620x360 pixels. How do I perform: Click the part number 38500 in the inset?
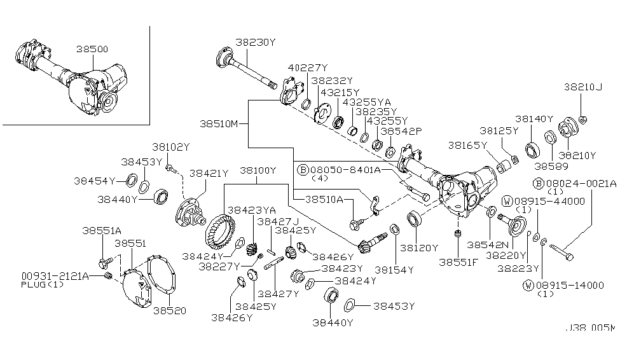coord(92,48)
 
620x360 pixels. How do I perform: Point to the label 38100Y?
coord(258,170)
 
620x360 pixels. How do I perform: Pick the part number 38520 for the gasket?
coord(165,312)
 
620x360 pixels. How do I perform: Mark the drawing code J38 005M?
coord(590,329)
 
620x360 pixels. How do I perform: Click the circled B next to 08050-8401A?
coord(305,170)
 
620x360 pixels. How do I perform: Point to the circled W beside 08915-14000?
coord(527,284)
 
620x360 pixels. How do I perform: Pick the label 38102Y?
coord(170,147)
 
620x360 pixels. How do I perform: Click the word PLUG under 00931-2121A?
coord(33,284)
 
